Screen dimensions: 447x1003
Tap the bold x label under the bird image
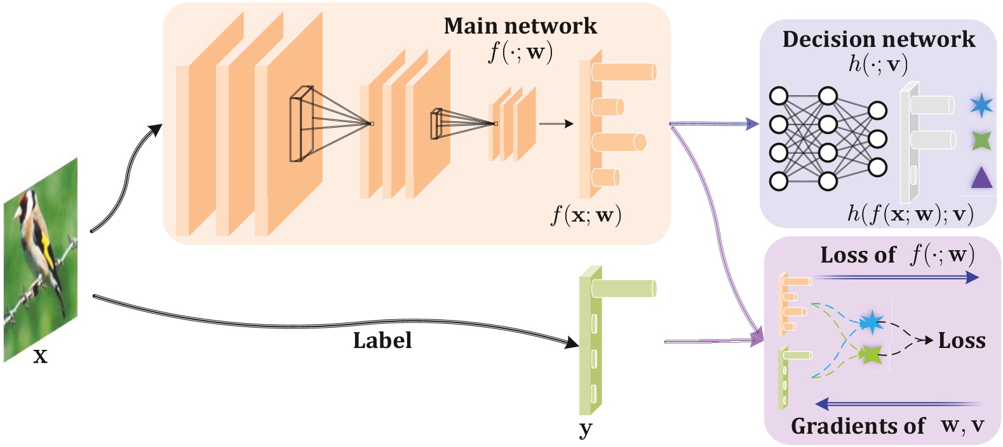(40, 357)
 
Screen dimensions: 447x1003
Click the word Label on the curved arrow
(382, 341)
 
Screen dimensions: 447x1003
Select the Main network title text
(520, 26)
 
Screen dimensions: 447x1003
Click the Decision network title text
(878, 39)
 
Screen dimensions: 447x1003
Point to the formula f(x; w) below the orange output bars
(586, 216)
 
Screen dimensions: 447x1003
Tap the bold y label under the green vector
(586, 430)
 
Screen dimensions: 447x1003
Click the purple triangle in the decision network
(981, 178)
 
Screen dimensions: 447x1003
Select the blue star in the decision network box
(981, 105)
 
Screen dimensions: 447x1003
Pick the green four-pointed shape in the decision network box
(981, 140)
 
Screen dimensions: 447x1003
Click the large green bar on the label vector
(623, 289)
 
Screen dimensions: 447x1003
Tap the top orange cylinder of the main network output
(623, 72)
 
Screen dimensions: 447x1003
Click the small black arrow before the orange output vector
(555, 124)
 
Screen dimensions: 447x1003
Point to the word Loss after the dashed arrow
(962, 341)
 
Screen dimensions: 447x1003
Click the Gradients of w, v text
(887, 426)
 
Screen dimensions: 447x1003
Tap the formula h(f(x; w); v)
(910, 214)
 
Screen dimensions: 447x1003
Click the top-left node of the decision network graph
(779, 97)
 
